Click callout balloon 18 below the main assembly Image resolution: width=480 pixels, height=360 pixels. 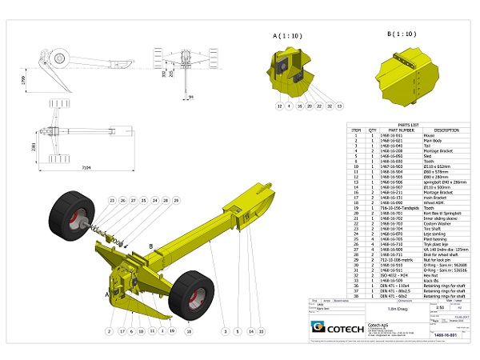[x=189, y=330]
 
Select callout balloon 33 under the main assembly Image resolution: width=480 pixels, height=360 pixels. [x=260, y=330]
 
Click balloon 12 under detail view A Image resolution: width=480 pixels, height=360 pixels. [x=280, y=105]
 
